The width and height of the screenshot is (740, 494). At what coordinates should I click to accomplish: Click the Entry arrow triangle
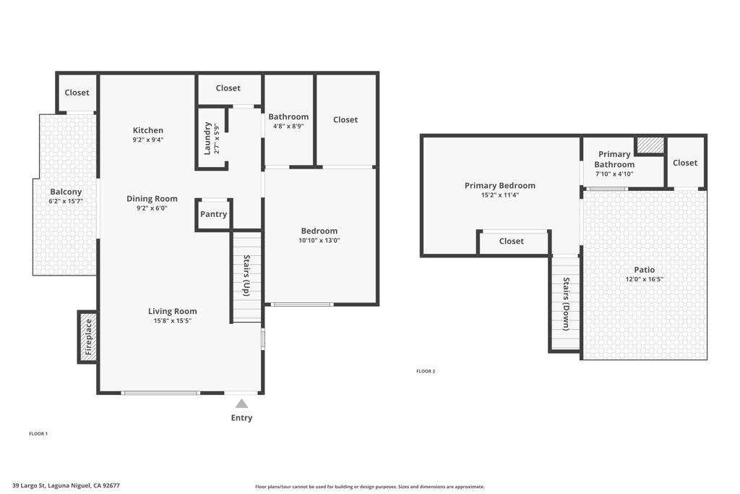[x=241, y=404]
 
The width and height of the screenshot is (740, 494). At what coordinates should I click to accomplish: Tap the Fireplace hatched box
[x=87, y=337]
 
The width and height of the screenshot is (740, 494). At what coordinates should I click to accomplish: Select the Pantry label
[x=213, y=214]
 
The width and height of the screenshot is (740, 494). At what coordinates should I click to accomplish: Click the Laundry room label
[x=207, y=137]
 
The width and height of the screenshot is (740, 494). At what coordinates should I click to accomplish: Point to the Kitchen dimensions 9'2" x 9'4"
[x=147, y=140]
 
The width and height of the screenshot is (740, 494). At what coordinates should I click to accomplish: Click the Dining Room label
[x=152, y=199]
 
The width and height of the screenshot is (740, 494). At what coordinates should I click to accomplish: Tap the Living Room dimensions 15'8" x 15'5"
[x=173, y=320]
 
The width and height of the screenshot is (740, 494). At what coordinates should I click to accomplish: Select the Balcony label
[x=65, y=192]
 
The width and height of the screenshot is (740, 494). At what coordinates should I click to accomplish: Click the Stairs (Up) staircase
[x=246, y=276]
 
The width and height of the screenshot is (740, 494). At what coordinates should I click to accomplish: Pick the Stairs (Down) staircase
[x=565, y=304]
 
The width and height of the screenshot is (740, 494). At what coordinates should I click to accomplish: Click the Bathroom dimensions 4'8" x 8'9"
[x=288, y=126]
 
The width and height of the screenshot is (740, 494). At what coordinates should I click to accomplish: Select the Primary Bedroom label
[x=500, y=186]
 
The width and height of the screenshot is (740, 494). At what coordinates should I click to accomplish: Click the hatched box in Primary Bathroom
[x=650, y=145]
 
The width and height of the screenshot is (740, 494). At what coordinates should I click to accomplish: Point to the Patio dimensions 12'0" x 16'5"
[x=645, y=279]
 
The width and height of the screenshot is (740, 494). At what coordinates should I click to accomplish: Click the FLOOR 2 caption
[x=426, y=371]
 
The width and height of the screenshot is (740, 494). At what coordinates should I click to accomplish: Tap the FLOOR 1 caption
[x=38, y=433]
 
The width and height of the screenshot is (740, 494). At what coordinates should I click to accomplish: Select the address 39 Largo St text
[x=66, y=486]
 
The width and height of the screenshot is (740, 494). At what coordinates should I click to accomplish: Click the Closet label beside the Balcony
[x=77, y=93]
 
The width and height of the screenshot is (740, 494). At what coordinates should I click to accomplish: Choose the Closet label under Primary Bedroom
[x=511, y=241]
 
